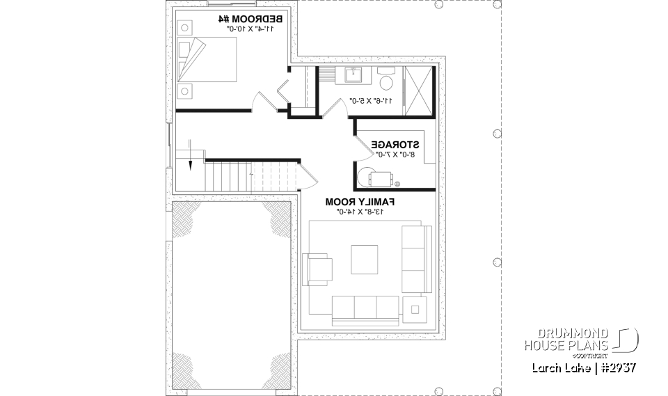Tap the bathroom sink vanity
[x=353, y=75]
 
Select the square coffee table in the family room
[x=365, y=260]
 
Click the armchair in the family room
[x=318, y=269]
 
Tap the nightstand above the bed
[x=184, y=28]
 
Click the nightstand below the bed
[x=184, y=90]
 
